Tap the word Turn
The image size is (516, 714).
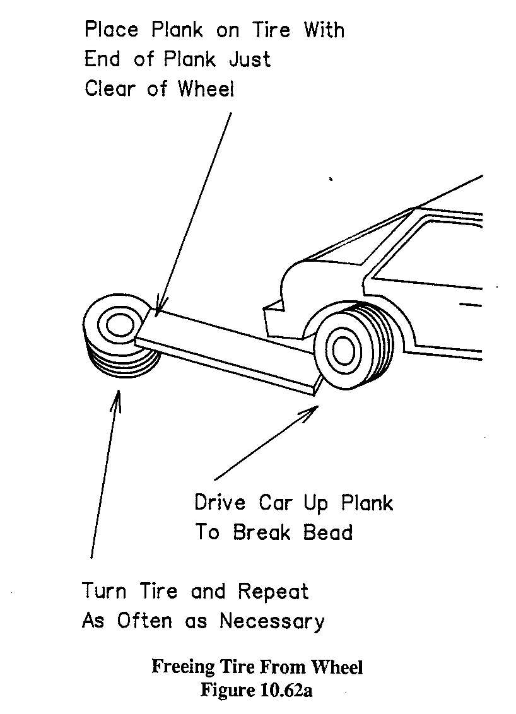click(x=105, y=592)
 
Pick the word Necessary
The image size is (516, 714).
click(x=272, y=621)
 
